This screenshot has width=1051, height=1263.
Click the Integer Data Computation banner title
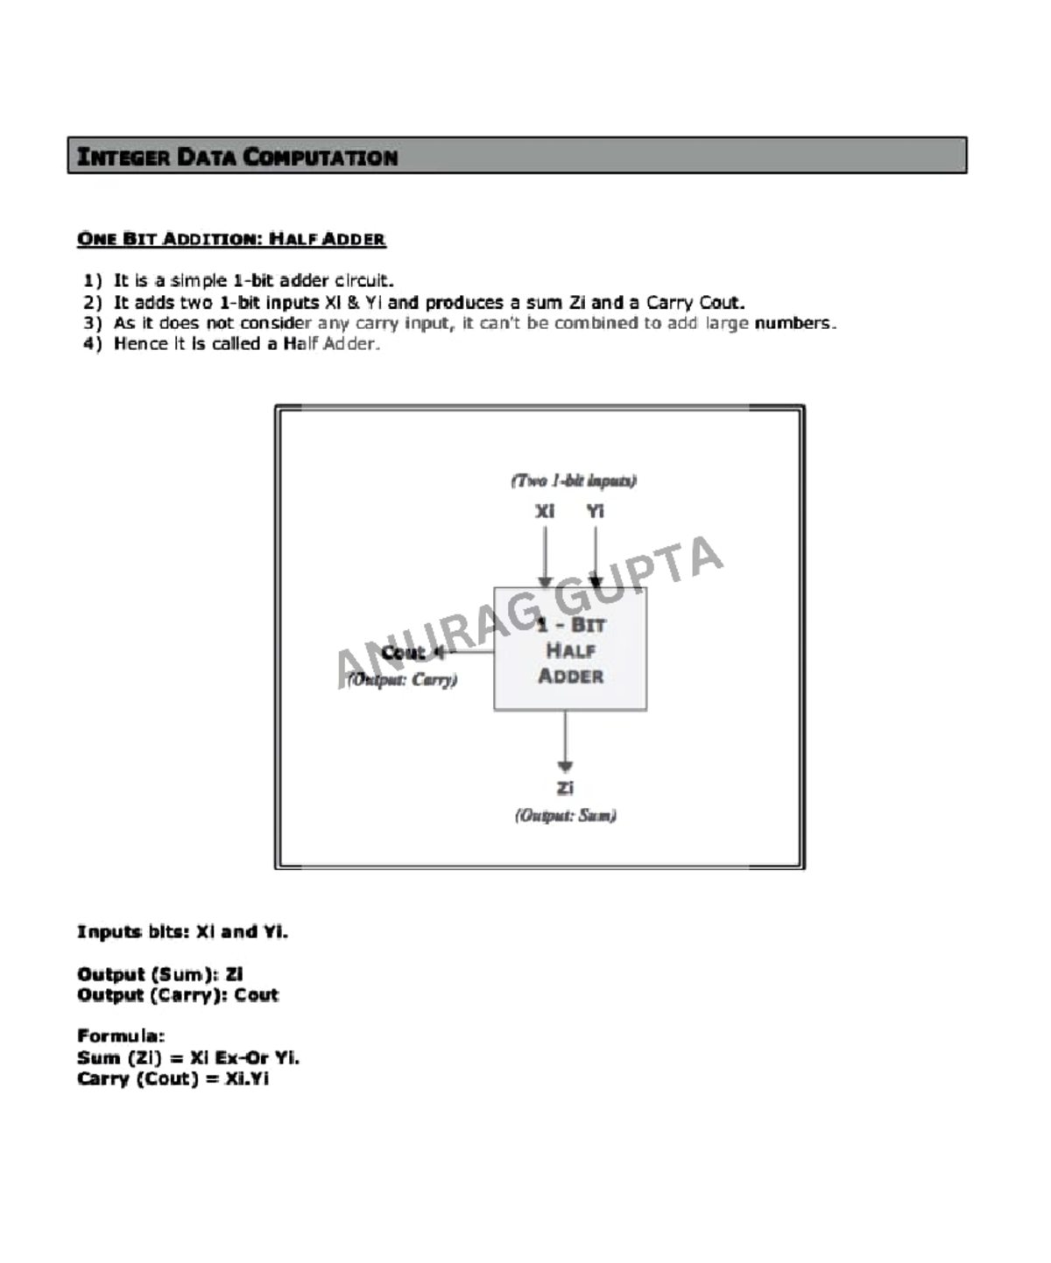237,158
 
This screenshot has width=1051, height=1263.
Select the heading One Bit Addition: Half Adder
231,239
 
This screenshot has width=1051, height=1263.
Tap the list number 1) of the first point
93,281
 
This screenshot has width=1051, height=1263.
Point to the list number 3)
93,323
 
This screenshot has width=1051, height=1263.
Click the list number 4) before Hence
93,344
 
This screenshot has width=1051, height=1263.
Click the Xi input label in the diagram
545,511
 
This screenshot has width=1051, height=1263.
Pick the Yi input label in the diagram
596,511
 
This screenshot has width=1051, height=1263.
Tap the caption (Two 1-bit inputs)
574,481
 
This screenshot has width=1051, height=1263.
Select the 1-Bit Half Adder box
570,649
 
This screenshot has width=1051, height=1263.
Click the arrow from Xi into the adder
545,556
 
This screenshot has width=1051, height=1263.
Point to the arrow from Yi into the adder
596,556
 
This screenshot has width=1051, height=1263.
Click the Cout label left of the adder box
403,653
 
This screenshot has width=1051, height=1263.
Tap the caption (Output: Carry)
403,679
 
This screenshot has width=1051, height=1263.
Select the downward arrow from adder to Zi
565,740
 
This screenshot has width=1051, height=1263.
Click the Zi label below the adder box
565,788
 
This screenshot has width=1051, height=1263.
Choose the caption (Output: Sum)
565,816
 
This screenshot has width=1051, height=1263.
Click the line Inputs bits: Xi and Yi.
182,931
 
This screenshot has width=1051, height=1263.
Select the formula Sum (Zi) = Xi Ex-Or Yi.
188,1057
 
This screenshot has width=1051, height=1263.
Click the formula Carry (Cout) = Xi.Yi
173,1078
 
